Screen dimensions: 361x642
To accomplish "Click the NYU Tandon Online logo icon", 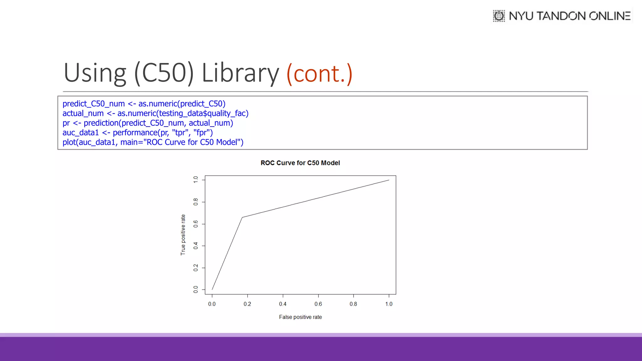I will [x=499, y=16].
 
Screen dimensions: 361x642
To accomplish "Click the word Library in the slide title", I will [x=240, y=73].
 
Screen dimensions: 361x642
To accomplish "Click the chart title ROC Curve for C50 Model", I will [x=300, y=163].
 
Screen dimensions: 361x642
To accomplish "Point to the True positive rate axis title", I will [x=183, y=235].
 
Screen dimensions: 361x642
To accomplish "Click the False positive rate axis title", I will [x=300, y=317].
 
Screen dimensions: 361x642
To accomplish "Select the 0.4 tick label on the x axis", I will [x=283, y=304].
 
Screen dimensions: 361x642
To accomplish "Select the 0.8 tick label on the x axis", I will [x=353, y=304].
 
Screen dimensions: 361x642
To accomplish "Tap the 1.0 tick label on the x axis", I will [x=389, y=304].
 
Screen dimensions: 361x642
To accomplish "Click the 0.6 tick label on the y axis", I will [x=196, y=224].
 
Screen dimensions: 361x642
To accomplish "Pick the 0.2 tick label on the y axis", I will [x=196, y=268].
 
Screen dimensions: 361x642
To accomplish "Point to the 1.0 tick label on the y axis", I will [x=196, y=180].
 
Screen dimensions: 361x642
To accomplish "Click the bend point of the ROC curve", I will [x=242, y=217].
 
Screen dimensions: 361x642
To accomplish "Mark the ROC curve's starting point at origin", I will [x=212, y=290].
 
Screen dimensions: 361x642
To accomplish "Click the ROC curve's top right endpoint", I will [x=389, y=180].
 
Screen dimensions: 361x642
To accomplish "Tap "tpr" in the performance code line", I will [x=181, y=133].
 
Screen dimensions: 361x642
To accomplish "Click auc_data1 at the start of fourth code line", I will [x=81, y=133].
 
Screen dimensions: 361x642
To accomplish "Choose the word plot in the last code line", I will [x=69, y=142].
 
